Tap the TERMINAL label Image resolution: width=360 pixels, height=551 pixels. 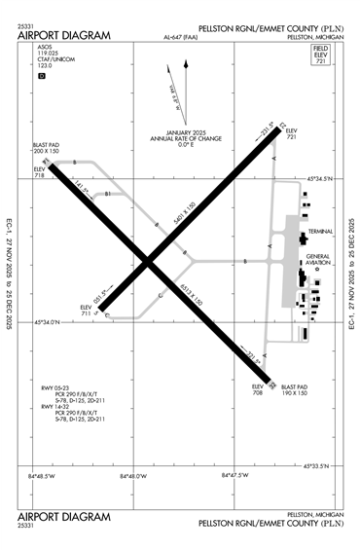[x=322, y=231]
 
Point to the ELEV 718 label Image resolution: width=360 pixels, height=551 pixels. [x=39, y=173]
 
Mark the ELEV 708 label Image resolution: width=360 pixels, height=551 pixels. [x=258, y=389]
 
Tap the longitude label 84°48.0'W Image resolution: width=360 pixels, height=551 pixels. [x=132, y=476]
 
